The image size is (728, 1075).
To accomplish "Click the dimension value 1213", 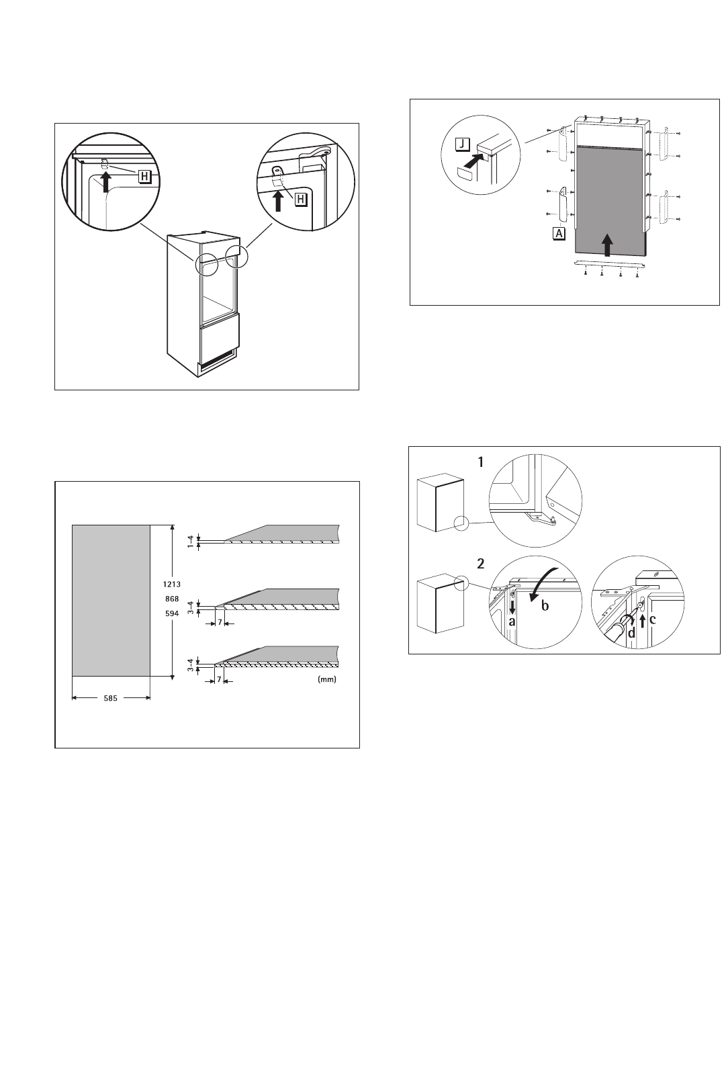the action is point(172,584).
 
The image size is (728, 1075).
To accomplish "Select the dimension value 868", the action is point(172,599).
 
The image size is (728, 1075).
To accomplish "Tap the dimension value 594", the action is point(172,613).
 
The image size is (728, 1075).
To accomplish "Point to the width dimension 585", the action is point(110,698).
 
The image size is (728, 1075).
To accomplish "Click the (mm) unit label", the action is point(327,679).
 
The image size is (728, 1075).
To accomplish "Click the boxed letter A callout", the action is point(559,233).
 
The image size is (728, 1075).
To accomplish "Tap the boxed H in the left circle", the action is point(144,177).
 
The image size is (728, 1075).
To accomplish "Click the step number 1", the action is point(481,462).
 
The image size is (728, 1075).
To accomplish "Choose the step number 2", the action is point(481,564).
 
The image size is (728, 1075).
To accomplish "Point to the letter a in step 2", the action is point(512,621).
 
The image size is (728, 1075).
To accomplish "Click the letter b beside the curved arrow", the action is point(545,605).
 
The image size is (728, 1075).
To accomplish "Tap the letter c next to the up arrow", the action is point(652,619).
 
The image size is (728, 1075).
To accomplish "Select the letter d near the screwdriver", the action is point(631,633).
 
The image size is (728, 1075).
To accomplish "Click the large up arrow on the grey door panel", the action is point(607,245).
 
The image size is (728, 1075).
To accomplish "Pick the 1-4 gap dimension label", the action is point(190,541).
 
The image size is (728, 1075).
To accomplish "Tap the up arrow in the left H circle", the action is point(106,182).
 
